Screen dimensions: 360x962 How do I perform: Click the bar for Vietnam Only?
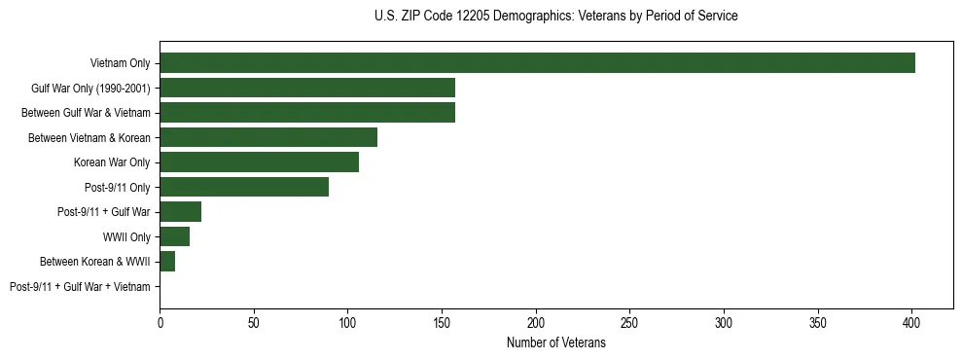pos(537,63)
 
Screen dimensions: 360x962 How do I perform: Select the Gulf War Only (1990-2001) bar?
pos(307,88)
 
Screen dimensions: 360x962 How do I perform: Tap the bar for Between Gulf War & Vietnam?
pos(307,113)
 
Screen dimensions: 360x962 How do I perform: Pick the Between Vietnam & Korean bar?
pos(268,137)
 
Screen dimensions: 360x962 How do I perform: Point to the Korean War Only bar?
pos(259,162)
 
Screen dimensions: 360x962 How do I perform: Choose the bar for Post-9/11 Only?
pos(244,187)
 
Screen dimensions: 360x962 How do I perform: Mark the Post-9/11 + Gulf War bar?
pos(180,212)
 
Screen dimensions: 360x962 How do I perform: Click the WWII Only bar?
pos(174,236)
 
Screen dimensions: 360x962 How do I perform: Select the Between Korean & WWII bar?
pos(167,262)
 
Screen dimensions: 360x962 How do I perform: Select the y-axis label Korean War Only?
pos(112,162)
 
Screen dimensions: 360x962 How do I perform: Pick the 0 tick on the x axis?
pos(160,321)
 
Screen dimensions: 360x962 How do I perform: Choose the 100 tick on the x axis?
pos(347,321)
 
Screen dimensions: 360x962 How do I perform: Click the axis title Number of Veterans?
pos(555,342)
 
